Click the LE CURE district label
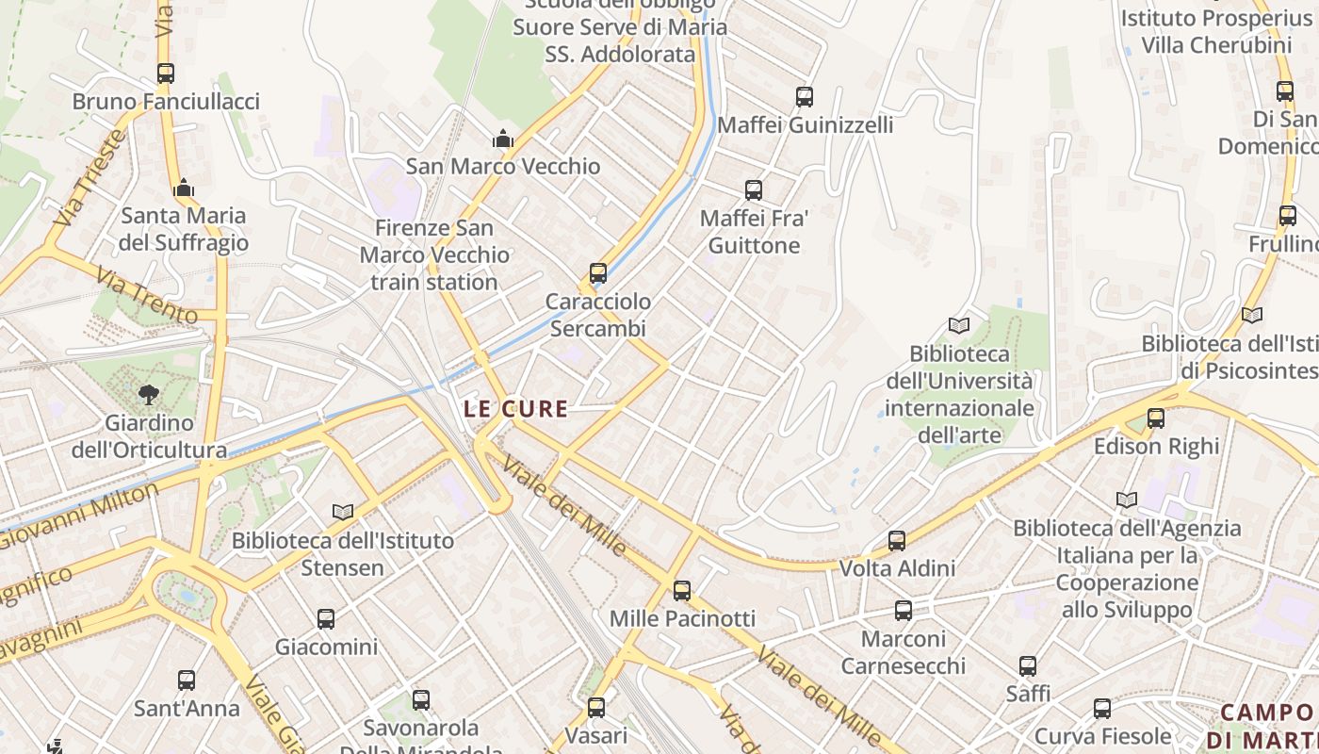516,409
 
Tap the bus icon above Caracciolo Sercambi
597,274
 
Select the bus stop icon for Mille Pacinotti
682,591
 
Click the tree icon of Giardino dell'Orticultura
148,395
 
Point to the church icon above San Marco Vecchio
503,139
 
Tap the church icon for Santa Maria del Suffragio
184,188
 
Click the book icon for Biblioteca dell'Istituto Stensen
343,512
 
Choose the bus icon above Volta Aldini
897,541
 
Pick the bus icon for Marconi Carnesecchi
904,611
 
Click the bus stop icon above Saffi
1028,666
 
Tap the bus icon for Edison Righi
1156,418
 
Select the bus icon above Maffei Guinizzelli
805,97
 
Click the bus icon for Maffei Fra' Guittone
754,190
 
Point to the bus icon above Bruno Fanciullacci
166,74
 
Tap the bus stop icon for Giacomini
326,619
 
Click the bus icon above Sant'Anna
187,680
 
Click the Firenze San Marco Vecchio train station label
434,254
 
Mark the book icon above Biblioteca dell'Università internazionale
959,326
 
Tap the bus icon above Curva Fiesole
1102,709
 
